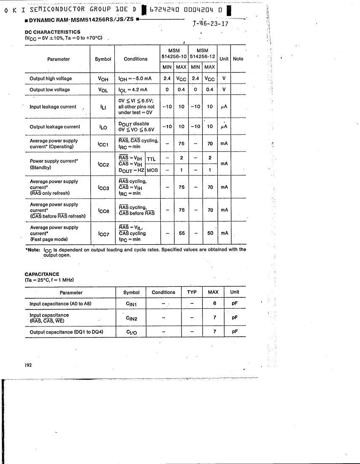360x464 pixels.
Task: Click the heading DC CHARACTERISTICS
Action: point(52,32)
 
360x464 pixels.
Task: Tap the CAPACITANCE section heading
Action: point(42,274)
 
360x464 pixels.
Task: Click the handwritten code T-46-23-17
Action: point(210,24)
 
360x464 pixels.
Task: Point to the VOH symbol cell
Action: point(103,78)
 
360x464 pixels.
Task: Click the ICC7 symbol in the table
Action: point(103,233)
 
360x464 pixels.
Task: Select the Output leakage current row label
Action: point(54,127)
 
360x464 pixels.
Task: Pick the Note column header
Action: point(238,59)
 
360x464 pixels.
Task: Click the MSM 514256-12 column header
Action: point(203,54)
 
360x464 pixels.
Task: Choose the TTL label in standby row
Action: point(151,159)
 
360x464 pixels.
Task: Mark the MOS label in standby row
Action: point(152,170)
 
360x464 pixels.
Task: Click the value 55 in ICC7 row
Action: point(181,233)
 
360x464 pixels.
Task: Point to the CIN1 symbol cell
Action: point(131,304)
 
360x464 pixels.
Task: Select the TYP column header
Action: point(192,292)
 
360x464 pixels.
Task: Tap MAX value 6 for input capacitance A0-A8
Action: point(215,304)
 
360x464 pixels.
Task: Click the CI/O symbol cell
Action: point(131,332)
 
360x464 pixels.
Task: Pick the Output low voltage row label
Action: point(50,89)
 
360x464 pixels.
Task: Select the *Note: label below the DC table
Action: point(32,249)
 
